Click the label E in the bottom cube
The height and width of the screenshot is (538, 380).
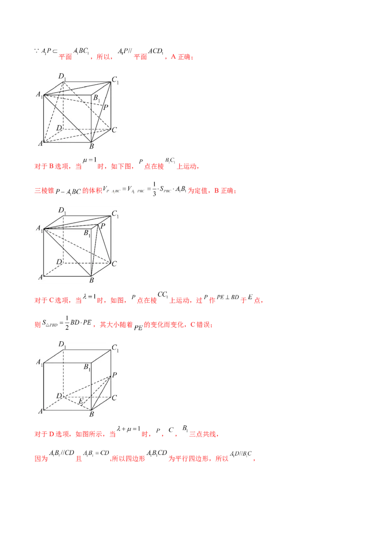(x=80, y=402)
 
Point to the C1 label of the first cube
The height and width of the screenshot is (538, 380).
(x=115, y=81)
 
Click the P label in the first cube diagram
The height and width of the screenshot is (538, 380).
(x=105, y=107)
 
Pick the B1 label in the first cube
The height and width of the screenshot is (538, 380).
(x=96, y=98)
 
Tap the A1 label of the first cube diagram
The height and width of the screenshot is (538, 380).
(x=38, y=95)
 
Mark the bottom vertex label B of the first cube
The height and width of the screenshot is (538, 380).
(x=92, y=146)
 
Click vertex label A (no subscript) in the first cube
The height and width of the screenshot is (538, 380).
(x=40, y=143)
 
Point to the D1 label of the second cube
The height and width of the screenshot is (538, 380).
(x=62, y=210)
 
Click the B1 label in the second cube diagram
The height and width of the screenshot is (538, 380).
(x=87, y=233)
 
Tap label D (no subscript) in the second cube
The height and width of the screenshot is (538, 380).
(x=59, y=262)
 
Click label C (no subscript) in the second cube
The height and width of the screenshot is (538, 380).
(x=114, y=263)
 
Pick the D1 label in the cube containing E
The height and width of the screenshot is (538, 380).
(x=62, y=344)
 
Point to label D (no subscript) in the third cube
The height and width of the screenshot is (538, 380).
(x=59, y=395)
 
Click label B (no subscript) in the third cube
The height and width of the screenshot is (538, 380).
(x=92, y=414)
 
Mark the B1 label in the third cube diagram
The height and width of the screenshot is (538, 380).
(x=87, y=366)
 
